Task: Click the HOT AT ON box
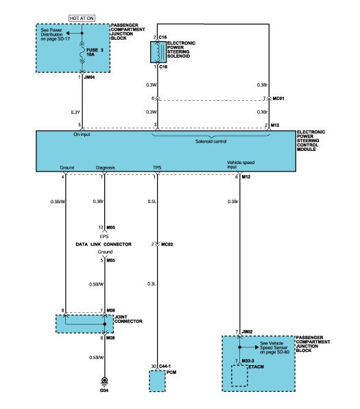point(82,19)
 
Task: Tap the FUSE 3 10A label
point(95,52)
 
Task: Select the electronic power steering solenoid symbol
point(158,52)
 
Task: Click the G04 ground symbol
point(104,382)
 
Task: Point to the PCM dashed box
point(157,381)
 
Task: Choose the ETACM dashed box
point(239,375)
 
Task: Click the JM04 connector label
point(89,78)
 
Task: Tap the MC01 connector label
point(278,98)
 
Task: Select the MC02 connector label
point(167,244)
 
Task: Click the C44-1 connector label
point(165,366)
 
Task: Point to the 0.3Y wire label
point(75,112)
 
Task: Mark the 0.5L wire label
point(152,201)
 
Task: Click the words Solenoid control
point(211,141)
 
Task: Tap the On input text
point(82,135)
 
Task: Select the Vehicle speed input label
point(241,164)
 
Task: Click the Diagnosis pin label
point(106,167)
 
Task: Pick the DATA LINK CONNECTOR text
point(104,244)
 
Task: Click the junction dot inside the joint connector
point(104,324)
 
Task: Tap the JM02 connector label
point(247,331)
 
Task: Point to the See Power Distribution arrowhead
point(67,33)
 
